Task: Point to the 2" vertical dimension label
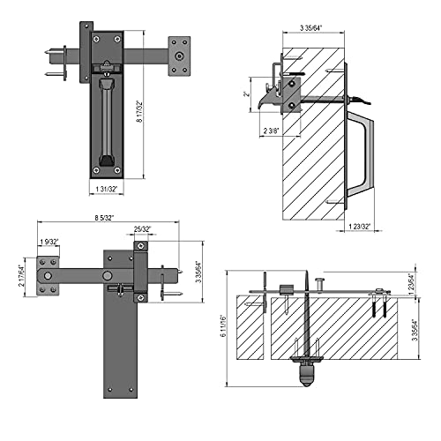click(x=248, y=92)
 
